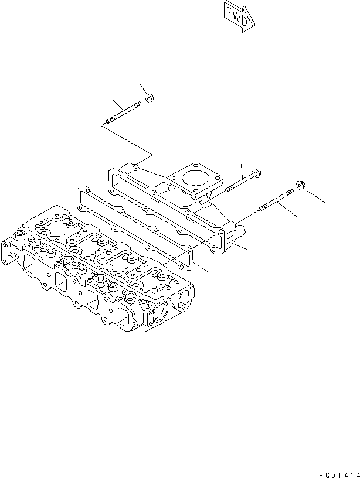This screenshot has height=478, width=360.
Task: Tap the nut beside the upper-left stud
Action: point(149,98)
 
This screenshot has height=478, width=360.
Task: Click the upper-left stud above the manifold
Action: point(123,113)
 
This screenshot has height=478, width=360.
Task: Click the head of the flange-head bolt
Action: point(257,173)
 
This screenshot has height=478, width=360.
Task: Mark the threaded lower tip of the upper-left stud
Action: point(109,122)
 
